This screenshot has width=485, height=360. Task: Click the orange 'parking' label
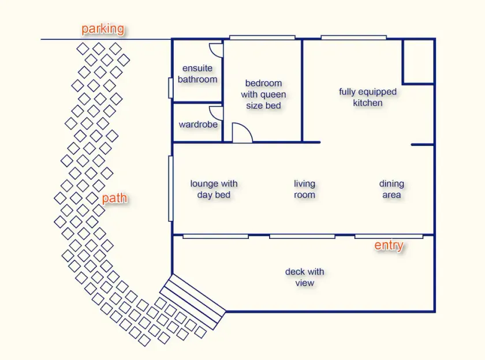(x=103, y=29)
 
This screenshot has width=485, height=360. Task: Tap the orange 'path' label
(x=114, y=198)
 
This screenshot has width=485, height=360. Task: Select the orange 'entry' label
(x=389, y=245)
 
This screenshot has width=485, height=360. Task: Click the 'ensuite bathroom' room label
(x=197, y=74)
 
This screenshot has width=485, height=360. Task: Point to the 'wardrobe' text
(x=198, y=124)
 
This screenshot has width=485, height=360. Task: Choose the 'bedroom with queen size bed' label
(x=263, y=94)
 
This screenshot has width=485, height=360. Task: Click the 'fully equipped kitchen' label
(x=368, y=97)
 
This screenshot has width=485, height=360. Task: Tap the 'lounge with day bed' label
(x=214, y=189)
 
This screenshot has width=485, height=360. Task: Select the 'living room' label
(x=304, y=189)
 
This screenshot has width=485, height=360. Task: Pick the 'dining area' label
(x=391, y=189)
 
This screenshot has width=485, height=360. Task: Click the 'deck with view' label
(x=305, y=277)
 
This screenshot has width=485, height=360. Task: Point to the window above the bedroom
(x=262, y=37)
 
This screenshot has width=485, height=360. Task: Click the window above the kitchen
(x=354, y=37)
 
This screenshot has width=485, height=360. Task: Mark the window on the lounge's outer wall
(x=170, y=189)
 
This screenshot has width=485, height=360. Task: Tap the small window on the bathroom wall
(x=170, y=88)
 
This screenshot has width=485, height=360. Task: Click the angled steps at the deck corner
(x=193, y=301)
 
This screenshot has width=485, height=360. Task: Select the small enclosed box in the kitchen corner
(x=418, y=62)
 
